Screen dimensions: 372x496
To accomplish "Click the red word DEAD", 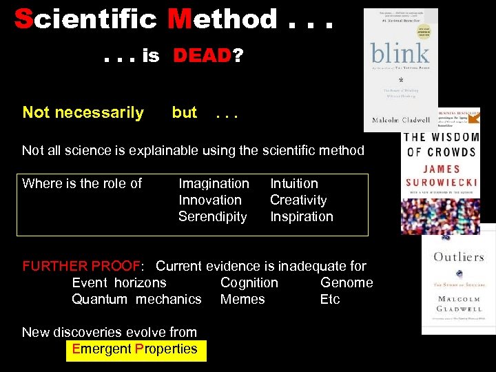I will tap(203, 56).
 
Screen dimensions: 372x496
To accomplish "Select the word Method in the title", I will tap(222, 19).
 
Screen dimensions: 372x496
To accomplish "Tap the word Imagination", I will tap(214, 183).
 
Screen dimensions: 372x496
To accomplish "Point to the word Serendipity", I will tap(212, 216).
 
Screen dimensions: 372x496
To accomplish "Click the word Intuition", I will tap(294, 183).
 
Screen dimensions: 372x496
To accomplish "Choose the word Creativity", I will tap(298, 200).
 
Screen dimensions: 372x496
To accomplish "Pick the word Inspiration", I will tap(301, 216).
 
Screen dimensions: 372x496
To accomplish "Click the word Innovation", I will tap(210, 200).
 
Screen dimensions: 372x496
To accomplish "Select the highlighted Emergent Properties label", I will tap(134, 349).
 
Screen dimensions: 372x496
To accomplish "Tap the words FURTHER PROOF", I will tap(81, 266).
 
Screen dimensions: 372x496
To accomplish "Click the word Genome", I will tap(347, 282).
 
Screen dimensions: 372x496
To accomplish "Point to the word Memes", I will tap(242, 299).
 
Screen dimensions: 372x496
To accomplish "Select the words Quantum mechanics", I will tap(136, 299).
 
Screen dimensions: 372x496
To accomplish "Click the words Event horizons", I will tap(119, 282).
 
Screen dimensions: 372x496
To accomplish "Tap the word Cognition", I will tap(249, 282).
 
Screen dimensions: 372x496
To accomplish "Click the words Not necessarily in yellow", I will tap(83, 112).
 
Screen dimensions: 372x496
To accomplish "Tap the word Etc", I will tap(330, 299).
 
